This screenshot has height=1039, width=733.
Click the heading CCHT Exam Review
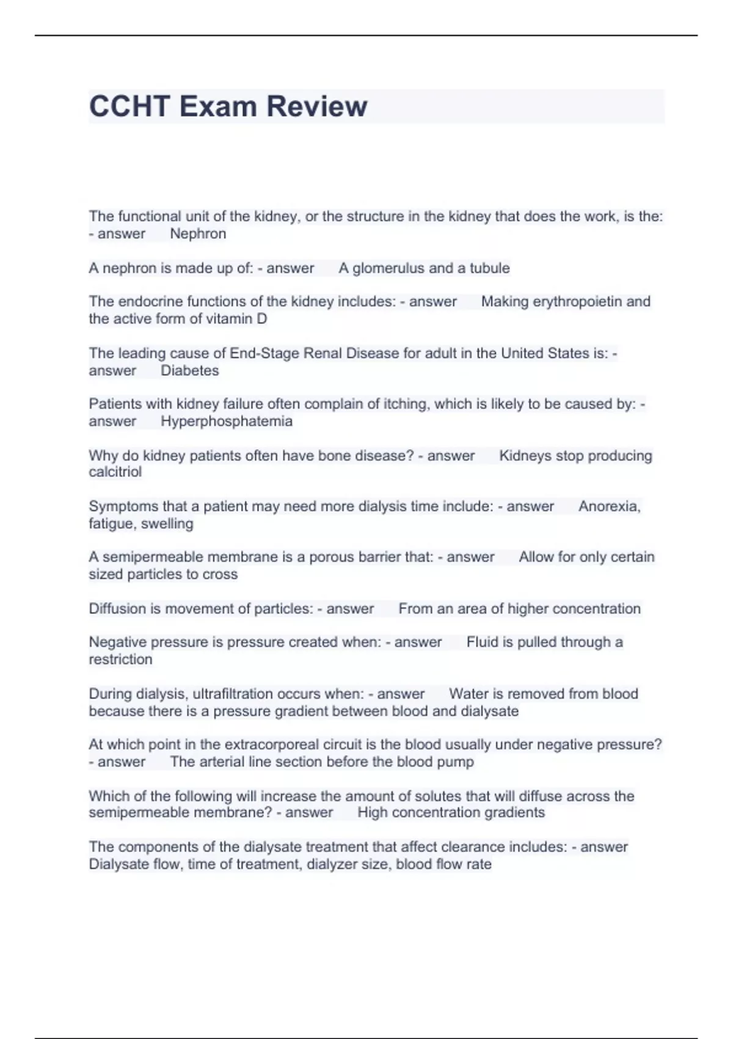click(228, 106)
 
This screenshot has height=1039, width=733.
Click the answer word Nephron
click(198, 233)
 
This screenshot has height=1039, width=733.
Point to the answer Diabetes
click(189, 370)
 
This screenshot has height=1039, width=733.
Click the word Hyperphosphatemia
click(227, 421)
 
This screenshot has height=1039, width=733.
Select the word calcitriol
click(115, 472)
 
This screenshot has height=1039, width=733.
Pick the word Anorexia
click(609, 506)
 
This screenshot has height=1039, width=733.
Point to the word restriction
click(120, 659)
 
